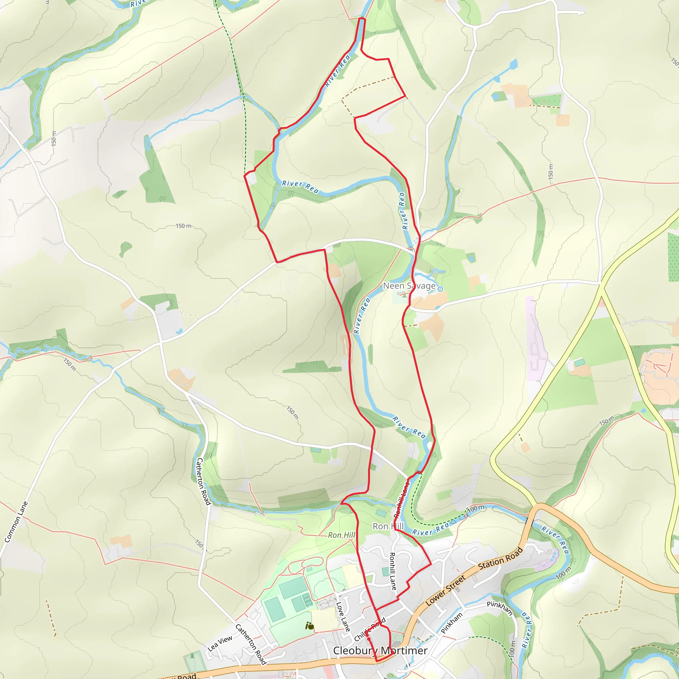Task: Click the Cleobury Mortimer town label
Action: point(380,650)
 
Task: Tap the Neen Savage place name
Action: point(409,286)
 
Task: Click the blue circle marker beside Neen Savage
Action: point(440,289)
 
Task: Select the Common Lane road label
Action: point(16,522)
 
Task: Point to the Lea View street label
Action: point(220,643)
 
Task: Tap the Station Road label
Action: point(500,558)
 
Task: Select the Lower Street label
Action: point(446,590)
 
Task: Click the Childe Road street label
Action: point(370,630)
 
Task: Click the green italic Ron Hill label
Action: point(341,535)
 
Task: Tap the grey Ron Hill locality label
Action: point(388,526)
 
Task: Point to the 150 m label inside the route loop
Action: point(183,226)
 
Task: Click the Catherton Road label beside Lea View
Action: point(251,644)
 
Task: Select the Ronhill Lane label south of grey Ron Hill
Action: point(393,571)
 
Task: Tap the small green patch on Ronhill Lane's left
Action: point(373,467)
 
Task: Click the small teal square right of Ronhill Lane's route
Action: point(386,572)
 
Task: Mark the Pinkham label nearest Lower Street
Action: point(452,623)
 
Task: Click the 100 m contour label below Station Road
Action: point(563,573)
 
